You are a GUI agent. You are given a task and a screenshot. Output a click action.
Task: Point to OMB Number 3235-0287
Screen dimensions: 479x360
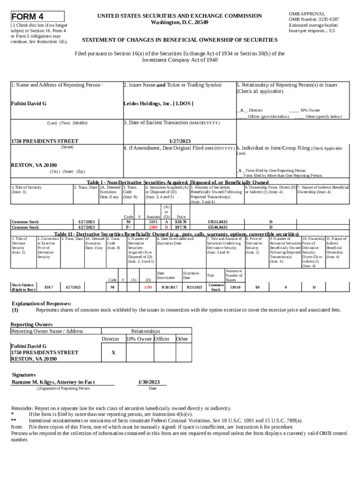[x=314, y=20]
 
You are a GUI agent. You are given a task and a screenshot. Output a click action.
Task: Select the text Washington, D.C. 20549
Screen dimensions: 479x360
[x=180, y=22]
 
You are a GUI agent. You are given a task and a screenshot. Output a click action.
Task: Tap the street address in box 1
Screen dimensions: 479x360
[x=44, y=141]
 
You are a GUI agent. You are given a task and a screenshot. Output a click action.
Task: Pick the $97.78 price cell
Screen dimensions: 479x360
[x=181, y=227]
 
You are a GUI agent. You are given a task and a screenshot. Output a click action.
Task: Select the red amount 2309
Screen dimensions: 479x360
[x=153, y=227]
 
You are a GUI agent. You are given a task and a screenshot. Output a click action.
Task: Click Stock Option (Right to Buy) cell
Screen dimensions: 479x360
[x=23, y=287]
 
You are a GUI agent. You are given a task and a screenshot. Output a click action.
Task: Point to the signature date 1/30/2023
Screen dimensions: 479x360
[x=149, y=382]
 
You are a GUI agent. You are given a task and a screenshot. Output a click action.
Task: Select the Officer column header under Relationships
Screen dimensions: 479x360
[x=162, y=339]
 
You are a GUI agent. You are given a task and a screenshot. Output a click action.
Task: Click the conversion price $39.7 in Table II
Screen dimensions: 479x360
[x=49, y=287]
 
